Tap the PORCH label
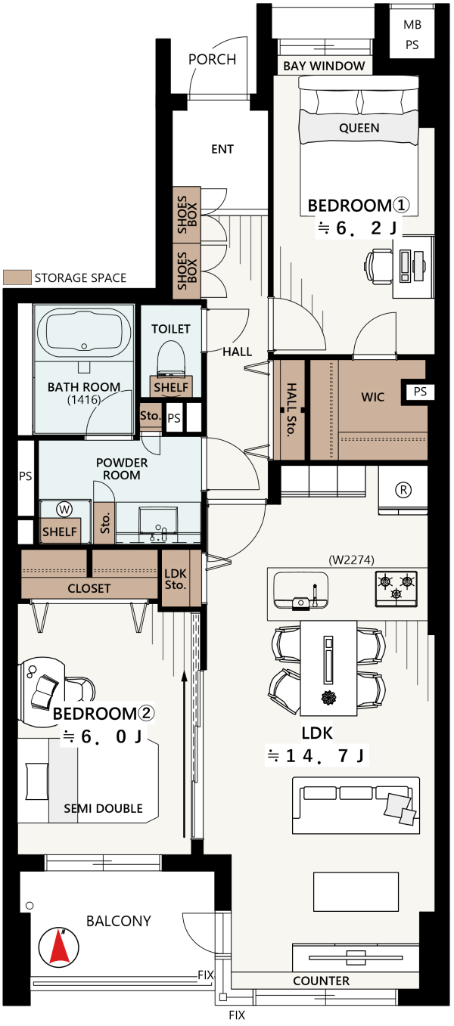coord(213,60)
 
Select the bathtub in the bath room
coord(84,333)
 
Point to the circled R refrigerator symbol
coord(403,490)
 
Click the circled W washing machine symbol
coord(64,509)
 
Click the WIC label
coord(372,397)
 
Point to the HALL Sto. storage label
coord(291,409)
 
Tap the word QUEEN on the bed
coord(359,128)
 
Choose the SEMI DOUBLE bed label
coord(103,808)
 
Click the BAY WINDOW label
coord(324,66)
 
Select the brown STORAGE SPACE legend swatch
coord(17,277)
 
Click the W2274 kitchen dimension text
coord(352,559)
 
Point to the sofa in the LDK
coord(356,804)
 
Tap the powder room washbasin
coord(157,522)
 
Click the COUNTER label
coord(321,981)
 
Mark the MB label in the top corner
coord(412,25)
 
